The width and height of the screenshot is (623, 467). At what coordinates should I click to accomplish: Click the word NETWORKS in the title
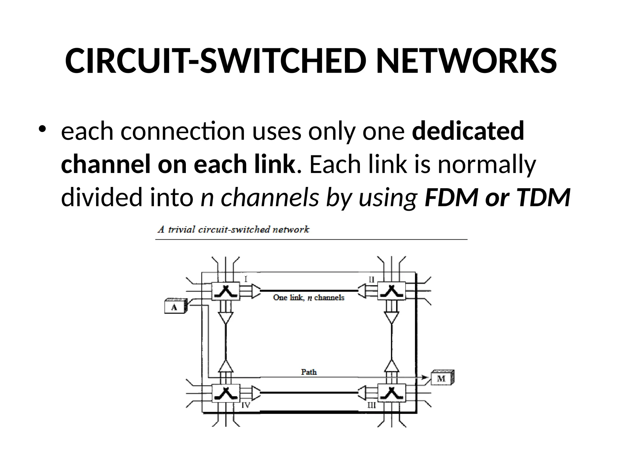pyautogui.click(x=466, y=61)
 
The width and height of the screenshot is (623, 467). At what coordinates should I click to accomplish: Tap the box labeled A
pyautogui.click(x=174, y=307)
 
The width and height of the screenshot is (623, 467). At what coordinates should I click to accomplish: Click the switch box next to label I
pyautogui.click(x=226, y=291)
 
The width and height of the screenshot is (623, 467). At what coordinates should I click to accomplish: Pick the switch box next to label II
pyautogui.click(x=391, y=291)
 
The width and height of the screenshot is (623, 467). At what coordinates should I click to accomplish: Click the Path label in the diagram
pyautogui.click(x=309, y=372)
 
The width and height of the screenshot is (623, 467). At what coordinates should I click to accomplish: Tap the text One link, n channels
pyautogui.click(x=308, y=297)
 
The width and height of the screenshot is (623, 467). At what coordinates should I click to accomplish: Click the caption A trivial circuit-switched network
pyautogui.click(x=233, y=230)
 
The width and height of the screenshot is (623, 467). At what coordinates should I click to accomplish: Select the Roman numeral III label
pyautogui.click(x=371, y=405)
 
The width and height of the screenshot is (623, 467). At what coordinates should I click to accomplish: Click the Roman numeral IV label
pyautogui.click(x=245, y=405)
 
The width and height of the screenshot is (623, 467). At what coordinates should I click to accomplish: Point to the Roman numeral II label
pyautogui.click(x=371, y=279)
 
